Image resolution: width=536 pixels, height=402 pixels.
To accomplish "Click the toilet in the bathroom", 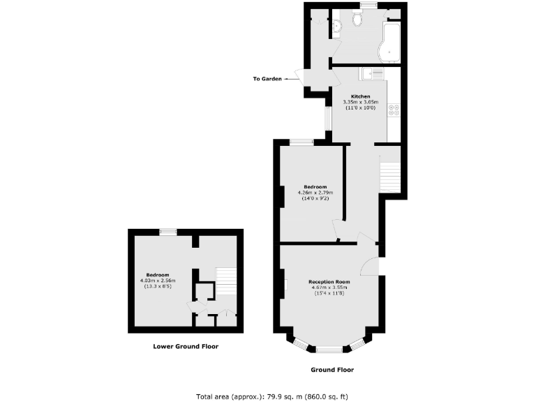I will (x=357, y=20).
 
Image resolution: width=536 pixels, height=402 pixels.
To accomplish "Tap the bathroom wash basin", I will (x=337, y=27).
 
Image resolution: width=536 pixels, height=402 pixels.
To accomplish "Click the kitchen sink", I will (x=369, y=73).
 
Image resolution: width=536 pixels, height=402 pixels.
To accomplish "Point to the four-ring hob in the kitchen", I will (x=394, y=110).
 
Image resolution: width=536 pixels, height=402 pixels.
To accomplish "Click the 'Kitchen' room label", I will (x=360, y=96).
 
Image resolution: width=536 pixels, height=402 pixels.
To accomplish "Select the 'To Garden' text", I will (x=267, y=79).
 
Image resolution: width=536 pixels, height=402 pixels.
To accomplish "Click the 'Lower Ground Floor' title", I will (x=186, y=346).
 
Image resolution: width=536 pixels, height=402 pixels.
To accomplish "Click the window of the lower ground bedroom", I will (x=167, y=232).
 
